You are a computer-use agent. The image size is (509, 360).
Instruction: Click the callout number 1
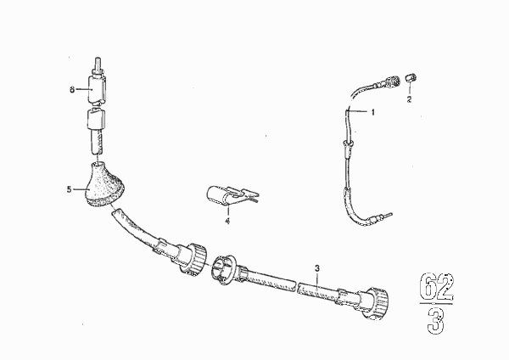[x=373, y=112]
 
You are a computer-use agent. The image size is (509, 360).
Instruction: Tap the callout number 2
[x=409, y=99]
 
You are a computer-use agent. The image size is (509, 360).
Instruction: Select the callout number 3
[x=317, y=268]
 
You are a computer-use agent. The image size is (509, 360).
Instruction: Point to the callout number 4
[x=227, y=222]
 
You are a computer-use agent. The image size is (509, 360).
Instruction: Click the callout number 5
[x=69, y=189]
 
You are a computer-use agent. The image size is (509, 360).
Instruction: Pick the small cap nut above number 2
[x=411, y=77]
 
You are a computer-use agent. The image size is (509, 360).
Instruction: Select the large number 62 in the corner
[x=437, y=287]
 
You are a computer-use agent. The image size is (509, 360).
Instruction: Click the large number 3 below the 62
[x=436, y=321]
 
